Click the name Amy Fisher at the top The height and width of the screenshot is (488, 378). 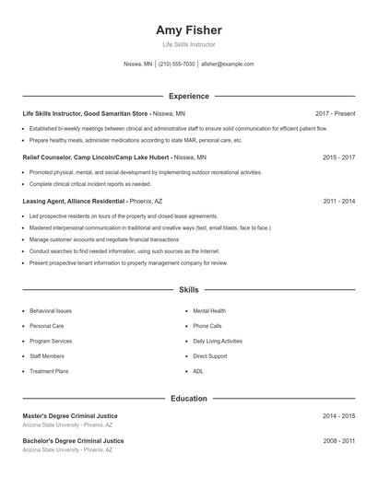[x=188, y=30]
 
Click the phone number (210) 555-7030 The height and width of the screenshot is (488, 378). [x=177, y=64]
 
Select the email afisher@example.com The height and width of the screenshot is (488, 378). [x=227, y=64]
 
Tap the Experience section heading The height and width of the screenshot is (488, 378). [x=188, y=96]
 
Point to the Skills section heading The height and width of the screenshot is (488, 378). [x=188, y=290]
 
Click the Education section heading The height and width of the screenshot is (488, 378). [x=188, y=399]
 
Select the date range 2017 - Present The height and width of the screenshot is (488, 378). [x=334, y=113]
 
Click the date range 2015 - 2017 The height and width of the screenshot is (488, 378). [x=338, y=157]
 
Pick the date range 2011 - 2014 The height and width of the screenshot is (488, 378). [x=338, y=201]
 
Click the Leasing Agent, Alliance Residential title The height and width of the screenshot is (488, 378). [x=74, y=201]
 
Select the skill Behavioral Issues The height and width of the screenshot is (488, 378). [x=51, y=311]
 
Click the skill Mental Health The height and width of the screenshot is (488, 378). [x=209, y=311]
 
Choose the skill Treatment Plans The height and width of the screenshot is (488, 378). [x=49, y=371]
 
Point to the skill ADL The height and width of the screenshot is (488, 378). [x=198, y=371]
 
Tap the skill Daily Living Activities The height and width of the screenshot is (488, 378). [x=218, y=341]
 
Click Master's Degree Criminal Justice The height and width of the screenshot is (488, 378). [x=70, y=416]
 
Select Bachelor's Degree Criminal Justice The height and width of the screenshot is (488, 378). [x=73, y=441]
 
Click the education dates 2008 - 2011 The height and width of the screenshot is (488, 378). [x=338, y=441]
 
